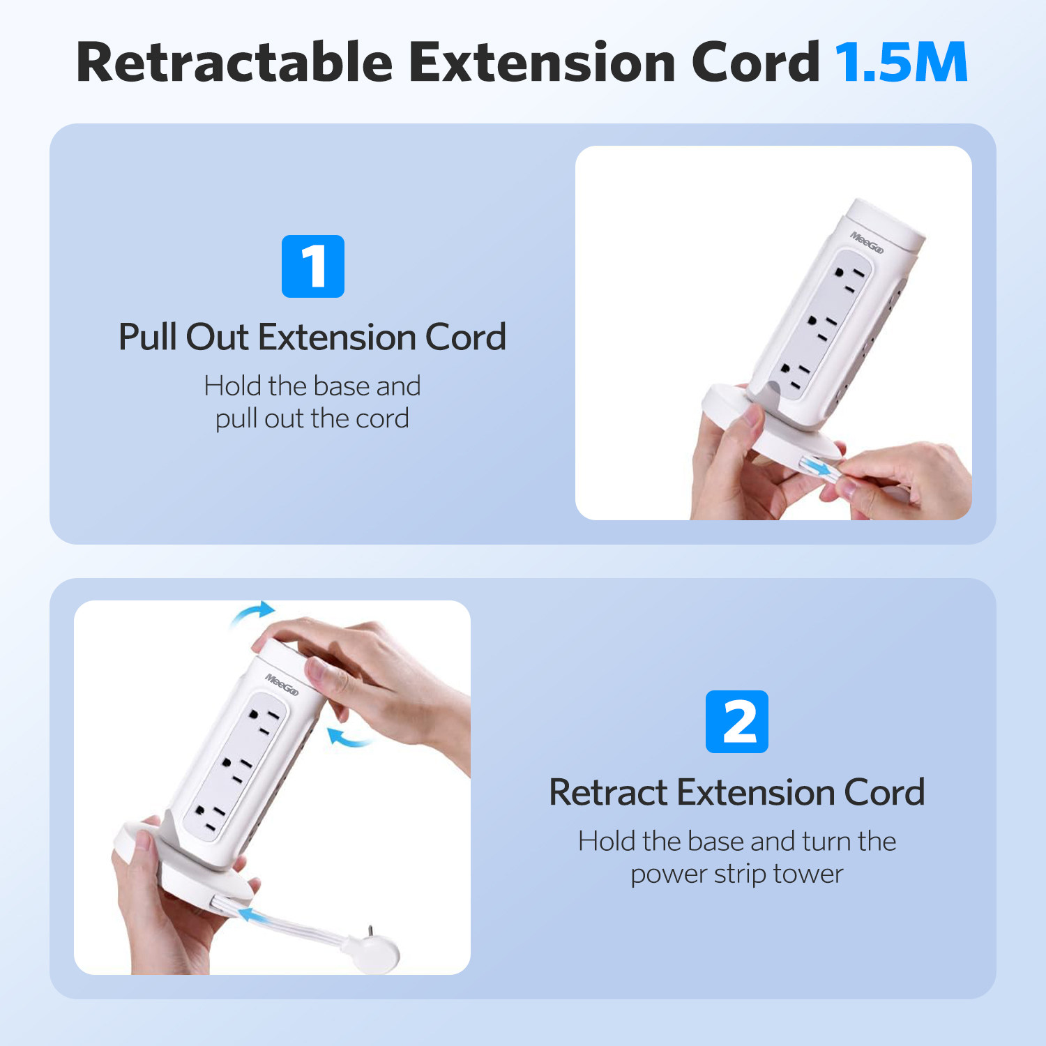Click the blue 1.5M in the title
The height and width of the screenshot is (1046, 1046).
[x=901, y=62]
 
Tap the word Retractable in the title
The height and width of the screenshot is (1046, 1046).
[x=235, y=62]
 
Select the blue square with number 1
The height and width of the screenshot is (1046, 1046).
[x=313, y=266]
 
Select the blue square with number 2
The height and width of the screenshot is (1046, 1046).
[x=737, y=722]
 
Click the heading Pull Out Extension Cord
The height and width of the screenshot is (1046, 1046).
[x=312, y=338]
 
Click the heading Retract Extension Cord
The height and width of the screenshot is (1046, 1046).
[x=737, y=793]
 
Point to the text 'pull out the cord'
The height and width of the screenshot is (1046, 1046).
[x=312, y=419]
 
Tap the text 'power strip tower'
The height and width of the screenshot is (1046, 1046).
[x=737, y=874]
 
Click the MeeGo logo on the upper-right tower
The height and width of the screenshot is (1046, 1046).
[x=867, y=243]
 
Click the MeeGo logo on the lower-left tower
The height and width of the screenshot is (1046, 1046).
[x=282, y=685]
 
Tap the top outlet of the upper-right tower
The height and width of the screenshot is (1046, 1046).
[x=849, y=278]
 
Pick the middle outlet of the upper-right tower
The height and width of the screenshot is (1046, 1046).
[x=821, y=326]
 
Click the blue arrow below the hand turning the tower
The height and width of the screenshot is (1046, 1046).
[x=348, y=738]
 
